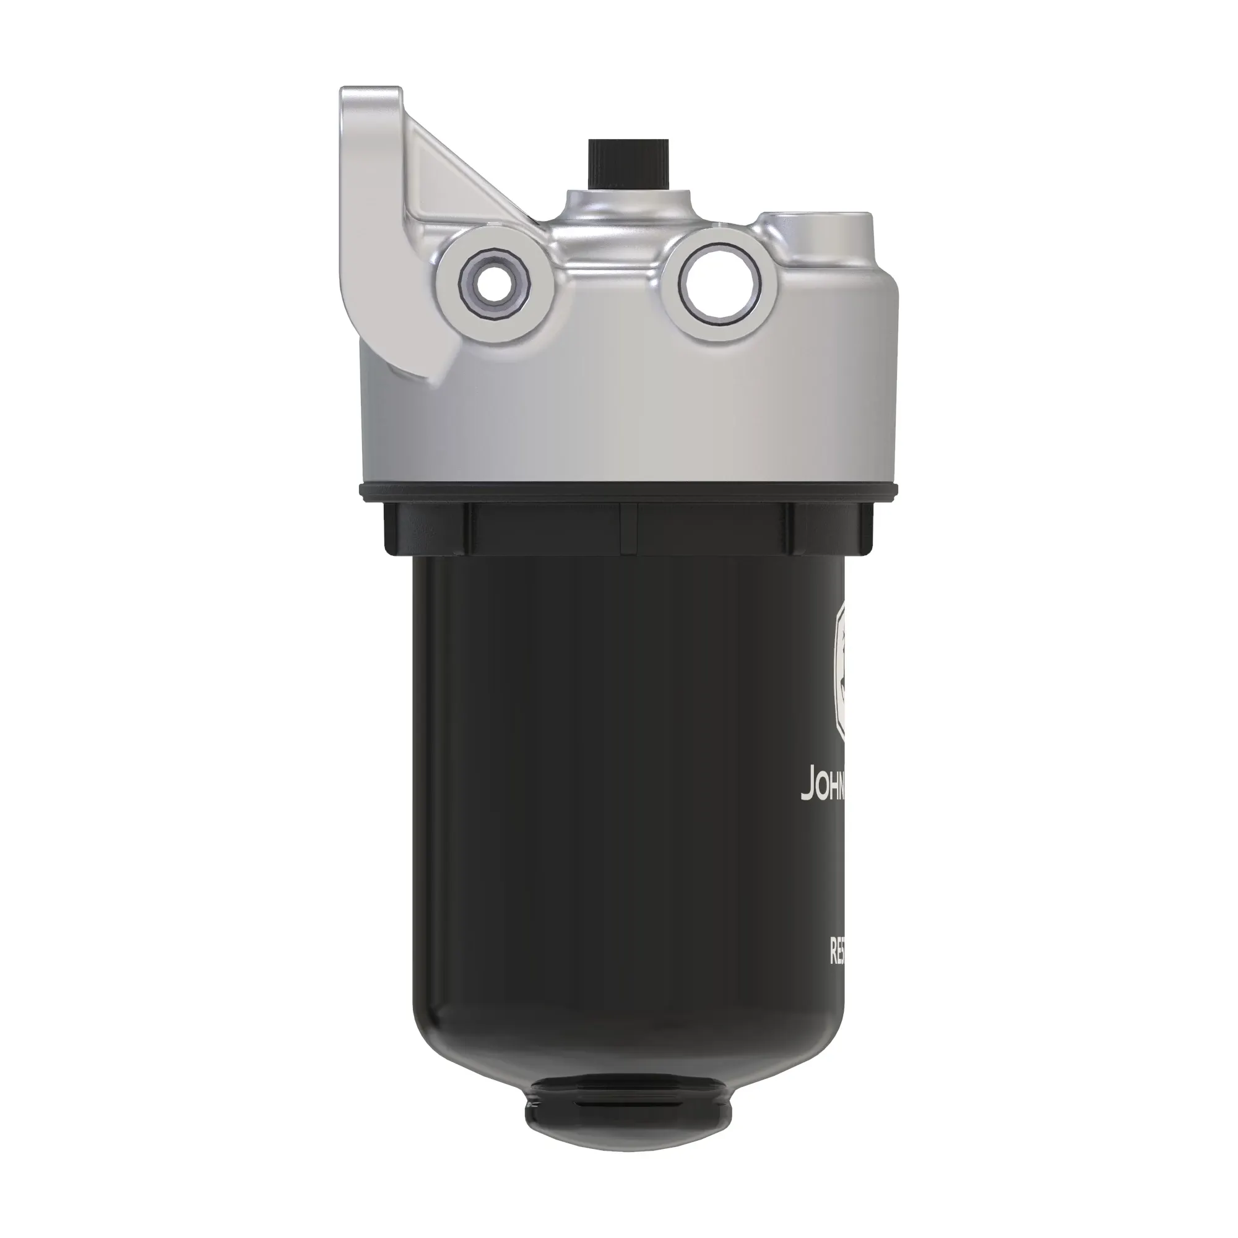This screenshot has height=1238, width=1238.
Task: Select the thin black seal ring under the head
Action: [x=628, y=492]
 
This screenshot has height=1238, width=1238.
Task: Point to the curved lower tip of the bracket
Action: [x=426, y=375]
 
